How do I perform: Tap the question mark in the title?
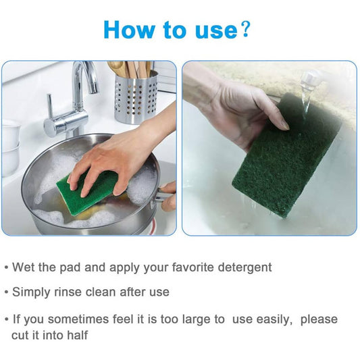point(245,29)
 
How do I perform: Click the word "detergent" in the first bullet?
point(245,267)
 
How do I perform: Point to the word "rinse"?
point(68,292)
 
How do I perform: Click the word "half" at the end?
point(78,335)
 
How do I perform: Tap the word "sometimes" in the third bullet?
point(78,319)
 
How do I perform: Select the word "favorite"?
point(193,267)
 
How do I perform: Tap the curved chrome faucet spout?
point(85,78)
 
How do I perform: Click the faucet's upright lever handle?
point(50,106)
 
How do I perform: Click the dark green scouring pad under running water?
point(287,156)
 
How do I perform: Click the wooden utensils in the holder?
point(130,69)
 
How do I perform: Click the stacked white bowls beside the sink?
point(10,148)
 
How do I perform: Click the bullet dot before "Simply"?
point(7,292)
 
